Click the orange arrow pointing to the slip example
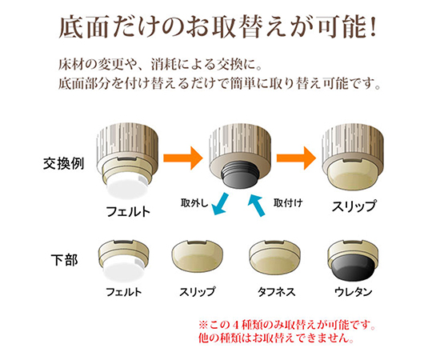pos(296,158)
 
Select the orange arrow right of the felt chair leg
pos(183,158)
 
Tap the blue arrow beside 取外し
pos(222,204)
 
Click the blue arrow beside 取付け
pos(256,205)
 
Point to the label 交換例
pos(64,164)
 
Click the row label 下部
pos(65,260)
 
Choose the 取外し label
pos(194,203)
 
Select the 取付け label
pos(288,203)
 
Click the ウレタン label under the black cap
pos(354,292)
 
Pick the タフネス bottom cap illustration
pos(274,258)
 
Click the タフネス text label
pos(276,292)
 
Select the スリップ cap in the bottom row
pos(198,257)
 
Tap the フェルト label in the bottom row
pos(124,292)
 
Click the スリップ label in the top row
pos(354,206)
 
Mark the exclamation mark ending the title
pos(373,27)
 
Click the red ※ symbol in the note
pos(203,325)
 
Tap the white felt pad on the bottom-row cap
pos(123,271)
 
